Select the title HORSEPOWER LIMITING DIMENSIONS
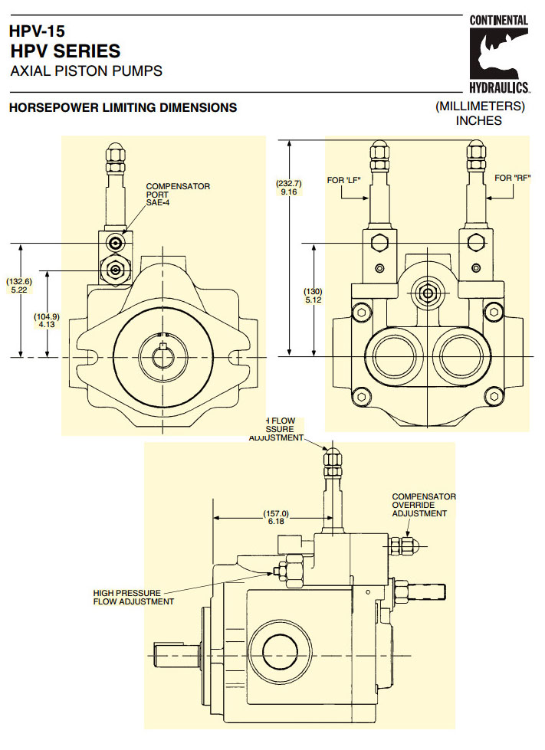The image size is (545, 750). coord(123,108)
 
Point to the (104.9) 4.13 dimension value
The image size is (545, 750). coord(48,321)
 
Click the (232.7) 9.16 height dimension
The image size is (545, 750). coord(289,188)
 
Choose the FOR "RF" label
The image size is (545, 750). coord(511,178)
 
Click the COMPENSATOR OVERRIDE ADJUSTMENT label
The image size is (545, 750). coord(423,505)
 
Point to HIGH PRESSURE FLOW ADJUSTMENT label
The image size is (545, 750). coord(133,597)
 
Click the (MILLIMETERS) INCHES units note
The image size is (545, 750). coord(479,113)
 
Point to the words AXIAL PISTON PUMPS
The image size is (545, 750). coord(86,72)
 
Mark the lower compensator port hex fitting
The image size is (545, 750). coord(115,270)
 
